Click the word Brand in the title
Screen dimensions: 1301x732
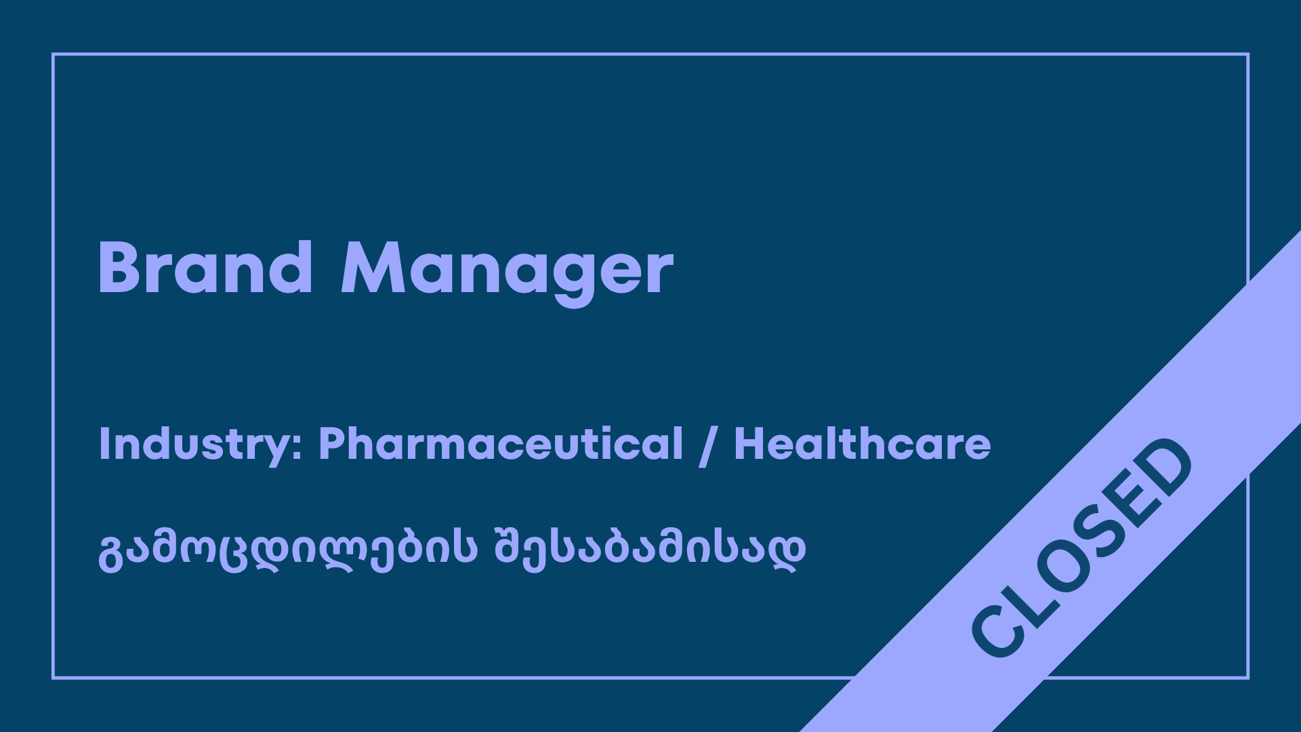pos(206,268)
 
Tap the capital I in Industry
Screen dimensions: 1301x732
pos(104,444)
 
